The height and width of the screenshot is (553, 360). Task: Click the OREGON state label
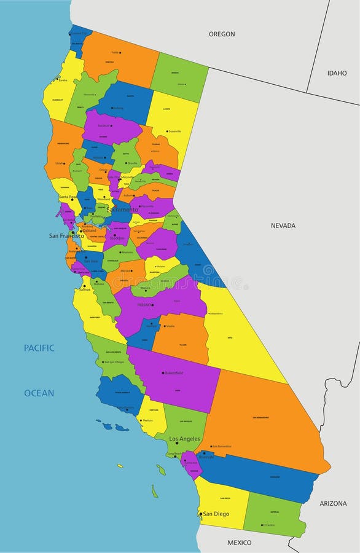click(222, 34)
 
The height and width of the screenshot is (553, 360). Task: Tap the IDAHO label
click(337, 73)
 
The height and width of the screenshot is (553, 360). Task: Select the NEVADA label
click(283, 226)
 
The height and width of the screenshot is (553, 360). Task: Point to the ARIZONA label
click(333, 503)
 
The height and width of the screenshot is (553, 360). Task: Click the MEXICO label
click(239, 543)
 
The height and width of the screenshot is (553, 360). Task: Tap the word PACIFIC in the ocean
click(39, 348)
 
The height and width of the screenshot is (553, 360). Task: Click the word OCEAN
click(39, 393)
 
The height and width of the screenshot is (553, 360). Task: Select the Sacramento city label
click(122, 210)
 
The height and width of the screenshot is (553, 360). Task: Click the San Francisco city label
click(66, 235)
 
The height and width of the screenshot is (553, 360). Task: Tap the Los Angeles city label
click(184, 439)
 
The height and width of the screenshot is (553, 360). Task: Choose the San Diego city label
click(216, 514)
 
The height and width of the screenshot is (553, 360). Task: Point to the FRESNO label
click(144, 305)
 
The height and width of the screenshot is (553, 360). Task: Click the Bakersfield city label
click(176, 373)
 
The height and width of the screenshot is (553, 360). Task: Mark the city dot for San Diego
click(200, 514)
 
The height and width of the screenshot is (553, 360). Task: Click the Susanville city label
click(174, 131)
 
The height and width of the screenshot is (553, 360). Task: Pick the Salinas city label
click(84, 289)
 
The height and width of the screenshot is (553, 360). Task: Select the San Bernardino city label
click(222, 447)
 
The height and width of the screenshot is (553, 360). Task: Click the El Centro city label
click(268, 525)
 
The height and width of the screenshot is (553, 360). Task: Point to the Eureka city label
click(63, 80)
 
